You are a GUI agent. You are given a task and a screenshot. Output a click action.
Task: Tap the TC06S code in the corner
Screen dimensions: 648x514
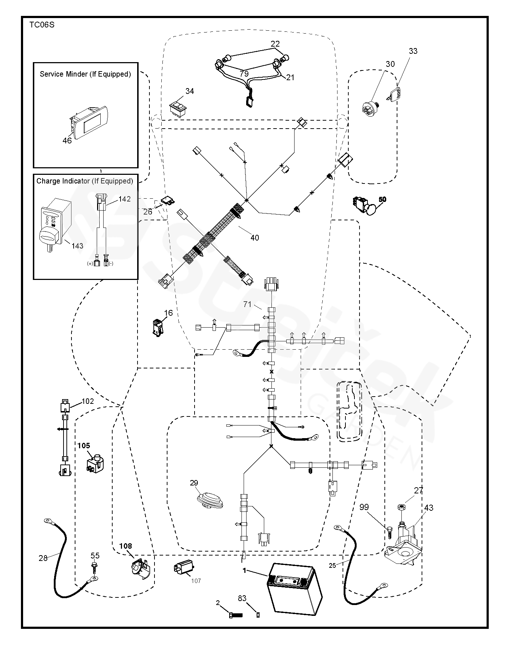tap(42, 25)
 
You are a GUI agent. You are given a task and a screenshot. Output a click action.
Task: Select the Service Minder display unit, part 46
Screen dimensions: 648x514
tap(88, 121)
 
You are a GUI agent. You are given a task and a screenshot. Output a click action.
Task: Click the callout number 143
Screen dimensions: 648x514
tap(77, 246)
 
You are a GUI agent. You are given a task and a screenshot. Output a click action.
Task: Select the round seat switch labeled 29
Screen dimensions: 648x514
tap(210, 500)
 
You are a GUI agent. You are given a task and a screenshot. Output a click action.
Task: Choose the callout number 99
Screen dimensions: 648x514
tap(364, 507)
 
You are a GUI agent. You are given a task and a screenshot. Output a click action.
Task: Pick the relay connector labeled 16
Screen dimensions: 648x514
tap(158, 327)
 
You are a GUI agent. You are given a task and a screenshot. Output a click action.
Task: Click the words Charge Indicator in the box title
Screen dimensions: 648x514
tap(63, 181)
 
